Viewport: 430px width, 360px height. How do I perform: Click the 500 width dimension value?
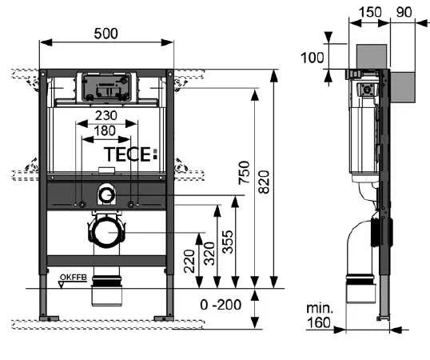pyautogui.click(x=107, y=34)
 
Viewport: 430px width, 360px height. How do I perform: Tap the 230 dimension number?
pyautogui.click(x=107, y=115)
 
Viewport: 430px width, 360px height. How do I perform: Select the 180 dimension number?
pyautogui.click(x=107, y=130)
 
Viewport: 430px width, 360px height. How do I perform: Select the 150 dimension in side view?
pyautogui.click(x=369, y=12)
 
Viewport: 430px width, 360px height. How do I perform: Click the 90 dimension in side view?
pyautogui.click(x=404, y=12)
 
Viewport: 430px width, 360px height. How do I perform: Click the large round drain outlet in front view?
pyautogui.click(x=107, y=232)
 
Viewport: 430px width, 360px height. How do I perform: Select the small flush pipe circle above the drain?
pyautogui.click(x=107, y=194)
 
